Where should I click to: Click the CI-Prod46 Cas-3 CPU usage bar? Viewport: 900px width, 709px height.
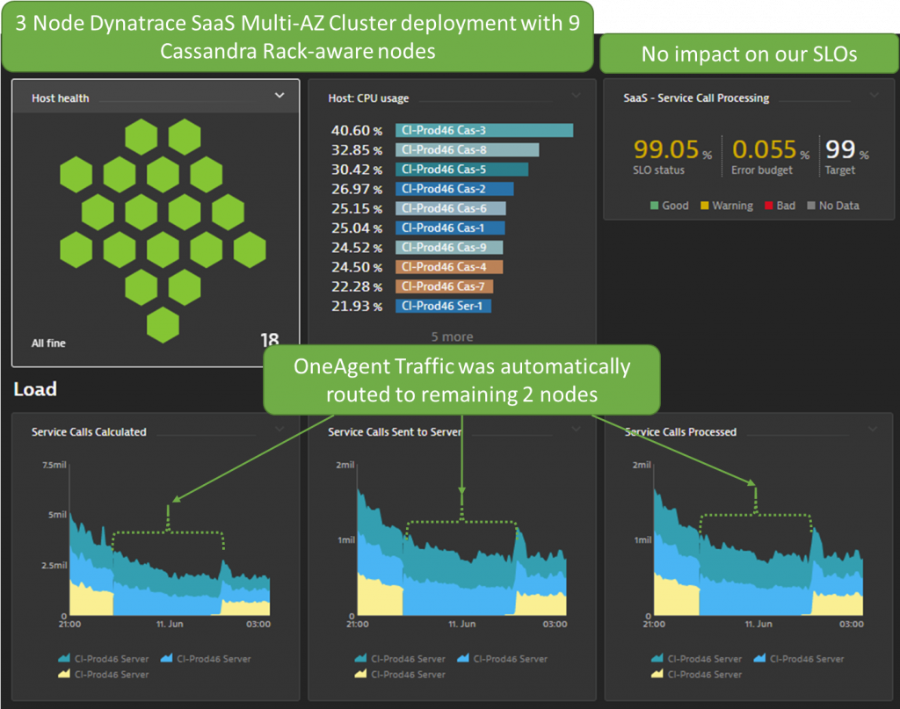point(483,130)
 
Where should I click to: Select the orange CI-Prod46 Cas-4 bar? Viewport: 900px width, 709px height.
point(448,267)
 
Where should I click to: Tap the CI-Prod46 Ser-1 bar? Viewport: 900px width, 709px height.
point(443,306)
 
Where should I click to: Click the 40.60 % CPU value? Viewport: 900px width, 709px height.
point(356,131)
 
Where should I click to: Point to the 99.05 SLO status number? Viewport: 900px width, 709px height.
point(665,149)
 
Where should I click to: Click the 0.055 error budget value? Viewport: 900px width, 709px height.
point(764,149)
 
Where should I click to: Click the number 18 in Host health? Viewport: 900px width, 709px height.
point(269,340)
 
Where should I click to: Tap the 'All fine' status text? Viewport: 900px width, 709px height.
point(48,343)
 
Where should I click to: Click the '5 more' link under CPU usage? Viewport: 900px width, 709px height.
point(452,336)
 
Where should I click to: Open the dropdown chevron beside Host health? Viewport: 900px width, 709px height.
point(279,96)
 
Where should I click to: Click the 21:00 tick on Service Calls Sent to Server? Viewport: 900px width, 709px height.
point(357,624)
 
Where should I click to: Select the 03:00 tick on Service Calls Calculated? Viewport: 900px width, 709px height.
point(258,624)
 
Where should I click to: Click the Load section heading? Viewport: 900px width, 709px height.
point(35,389)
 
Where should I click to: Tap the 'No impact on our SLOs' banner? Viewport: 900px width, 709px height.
point(749,54)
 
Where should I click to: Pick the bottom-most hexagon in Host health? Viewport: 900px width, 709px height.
point(163,325)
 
